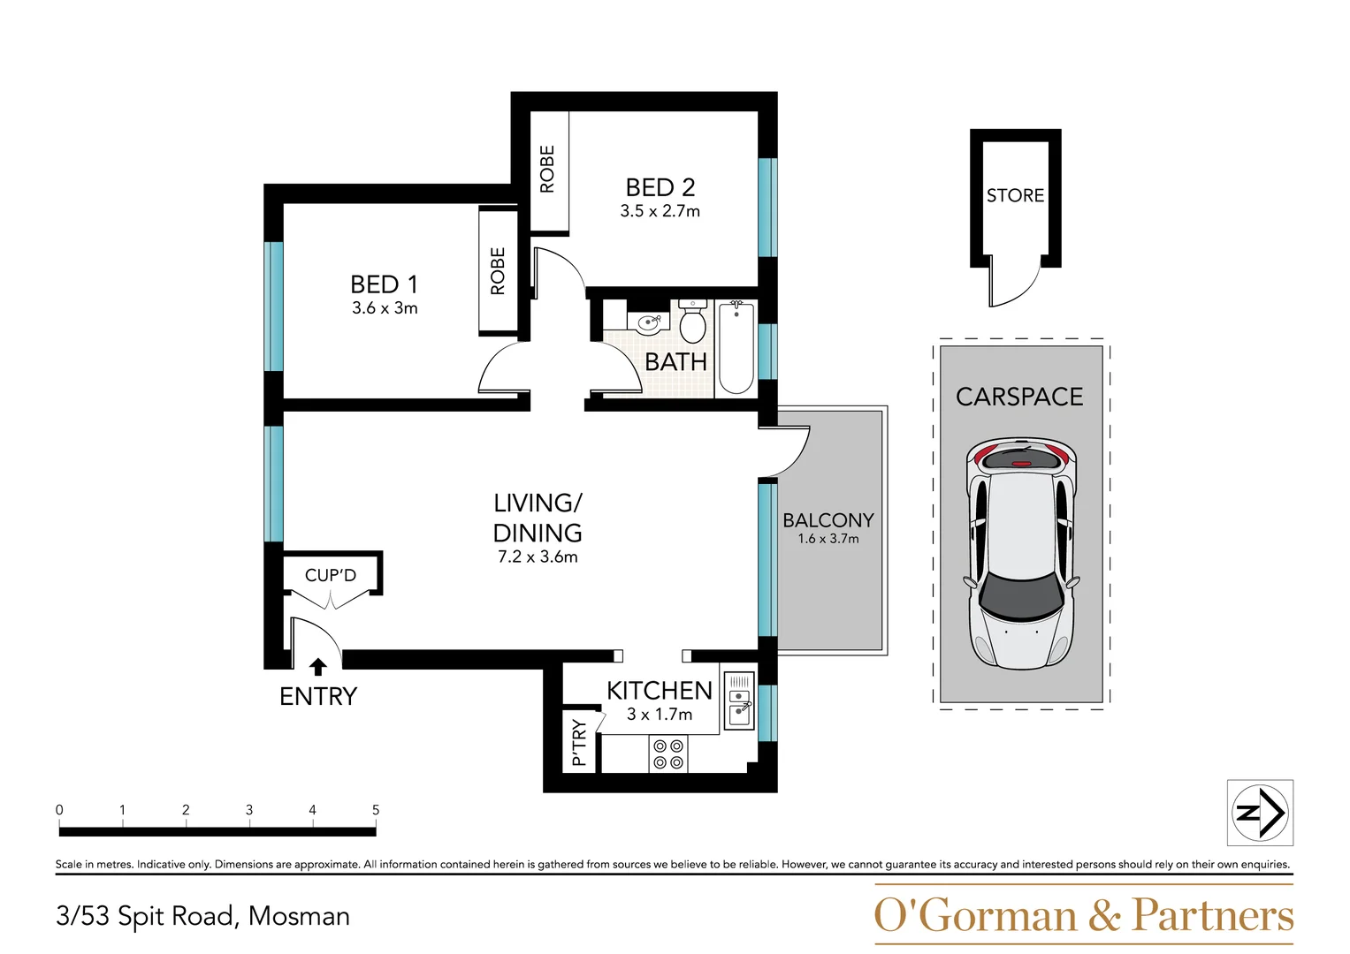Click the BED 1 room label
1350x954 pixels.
coord(384,284)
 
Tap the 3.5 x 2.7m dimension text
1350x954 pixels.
coord(660,211)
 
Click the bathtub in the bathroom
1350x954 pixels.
coord(736,347)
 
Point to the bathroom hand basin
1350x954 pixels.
coord(647,323)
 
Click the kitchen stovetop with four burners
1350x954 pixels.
coord(668,753)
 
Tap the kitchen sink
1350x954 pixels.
coord(739,701)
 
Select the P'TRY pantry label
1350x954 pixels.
coord(579,742)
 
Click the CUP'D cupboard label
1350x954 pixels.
coord(331,575)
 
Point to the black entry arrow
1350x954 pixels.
coord(318,667)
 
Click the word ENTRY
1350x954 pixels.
coord(318,697)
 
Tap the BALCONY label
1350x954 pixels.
coord(828,520)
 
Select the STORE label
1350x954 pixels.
coord(1015,195)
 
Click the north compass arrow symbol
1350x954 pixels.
coord(1261,813)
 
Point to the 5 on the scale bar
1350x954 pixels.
coord(376,810)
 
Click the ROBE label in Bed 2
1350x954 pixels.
coord(547,169)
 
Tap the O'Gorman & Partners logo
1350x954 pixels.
coord(1083,915)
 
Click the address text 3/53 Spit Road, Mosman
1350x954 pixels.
coord(202,916)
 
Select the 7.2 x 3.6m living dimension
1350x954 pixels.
coord(538,557)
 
